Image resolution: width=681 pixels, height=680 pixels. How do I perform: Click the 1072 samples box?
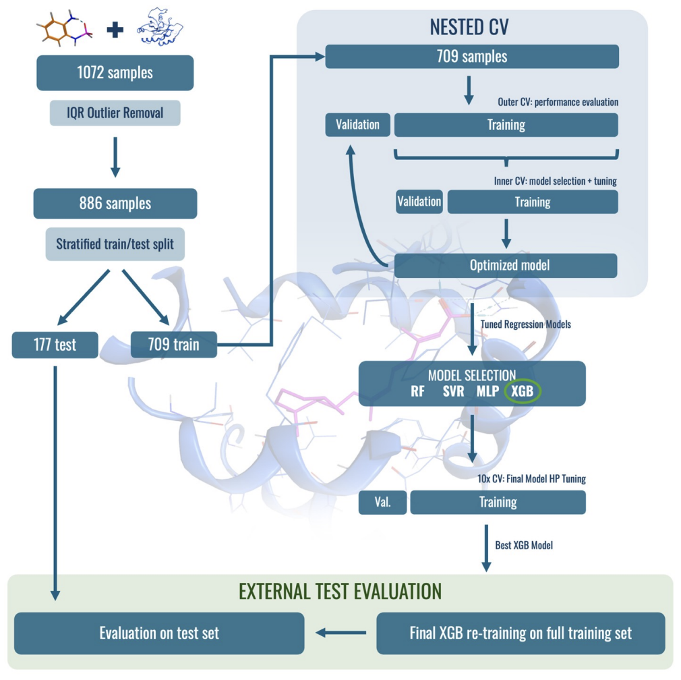coord(115,73)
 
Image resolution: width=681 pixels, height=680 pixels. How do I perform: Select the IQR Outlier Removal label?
coord(115,113)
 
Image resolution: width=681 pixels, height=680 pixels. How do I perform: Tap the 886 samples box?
coord(115,203)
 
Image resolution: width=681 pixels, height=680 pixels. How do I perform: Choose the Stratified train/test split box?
coord(115,244)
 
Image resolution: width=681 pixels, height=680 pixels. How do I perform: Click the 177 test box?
coord(55,345)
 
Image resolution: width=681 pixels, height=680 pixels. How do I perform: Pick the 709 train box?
coord(174,345)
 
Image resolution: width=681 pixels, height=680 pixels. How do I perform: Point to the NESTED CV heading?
coord(469,27)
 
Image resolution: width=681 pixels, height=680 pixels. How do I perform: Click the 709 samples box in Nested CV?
coord(472,57)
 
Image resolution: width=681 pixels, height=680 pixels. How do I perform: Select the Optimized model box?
coord(506,266)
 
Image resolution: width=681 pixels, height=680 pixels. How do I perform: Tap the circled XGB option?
coord(523,391)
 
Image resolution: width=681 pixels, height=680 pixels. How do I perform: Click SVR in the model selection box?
coord(453,391)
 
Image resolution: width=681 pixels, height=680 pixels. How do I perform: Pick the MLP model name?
coord(487,391)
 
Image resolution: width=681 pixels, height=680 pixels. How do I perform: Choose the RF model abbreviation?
coord(418,391)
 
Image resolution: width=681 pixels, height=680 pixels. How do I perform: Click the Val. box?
coord(382,503)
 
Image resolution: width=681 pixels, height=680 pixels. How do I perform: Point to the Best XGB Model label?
coord(524,545)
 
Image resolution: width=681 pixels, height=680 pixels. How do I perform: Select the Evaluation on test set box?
coord(159,633)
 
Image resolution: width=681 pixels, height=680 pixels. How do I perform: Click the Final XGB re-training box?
coord(521,633)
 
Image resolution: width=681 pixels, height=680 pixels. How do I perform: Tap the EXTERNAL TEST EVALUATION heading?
coord(340,592)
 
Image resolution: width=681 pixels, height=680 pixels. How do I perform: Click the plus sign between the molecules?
coord(115,30)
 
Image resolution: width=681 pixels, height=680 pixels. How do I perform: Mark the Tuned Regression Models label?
coord(525,324)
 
